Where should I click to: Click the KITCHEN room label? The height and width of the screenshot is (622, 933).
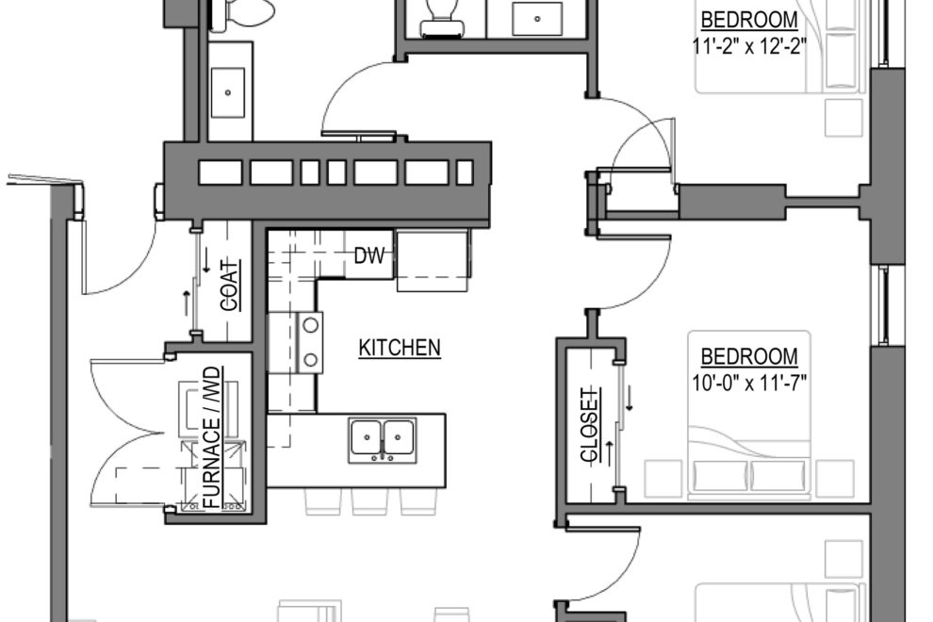coord(399,348)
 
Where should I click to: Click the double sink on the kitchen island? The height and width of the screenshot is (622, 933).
coord(383,437)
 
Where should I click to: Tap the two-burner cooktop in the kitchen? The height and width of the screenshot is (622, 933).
coord(309,342)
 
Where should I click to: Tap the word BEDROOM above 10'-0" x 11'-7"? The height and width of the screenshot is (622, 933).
coord(749,357)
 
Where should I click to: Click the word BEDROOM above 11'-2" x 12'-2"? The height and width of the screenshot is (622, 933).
coord(749,20)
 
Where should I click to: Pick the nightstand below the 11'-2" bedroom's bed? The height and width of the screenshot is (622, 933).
coord(843,116)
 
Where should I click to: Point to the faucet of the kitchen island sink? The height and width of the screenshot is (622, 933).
coord(383,457)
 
